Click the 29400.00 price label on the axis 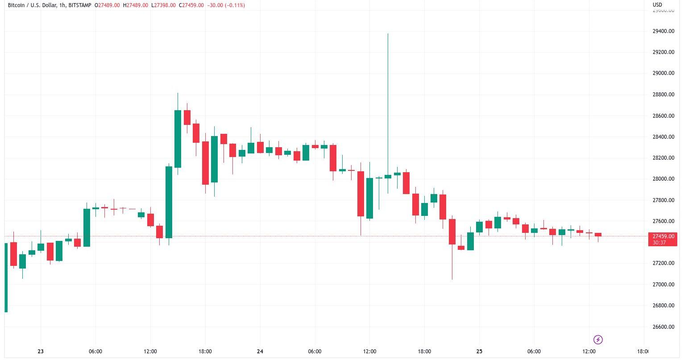[663, 31]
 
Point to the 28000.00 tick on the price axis [663, 179]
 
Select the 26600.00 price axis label [663, 327]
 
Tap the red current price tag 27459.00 [663, 236]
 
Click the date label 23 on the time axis [41, 352]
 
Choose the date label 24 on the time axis [260, 352]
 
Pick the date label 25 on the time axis [479, 352]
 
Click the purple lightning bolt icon [598, 340]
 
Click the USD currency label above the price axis [657, 5]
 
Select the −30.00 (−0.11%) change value [226, 5]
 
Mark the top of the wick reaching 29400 [388, 34]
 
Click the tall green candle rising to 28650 [178, 138]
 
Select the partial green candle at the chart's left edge [6, 277]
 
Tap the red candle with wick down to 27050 [452, 232]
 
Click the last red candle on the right [598, 235]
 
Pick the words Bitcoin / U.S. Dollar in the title [32, 5]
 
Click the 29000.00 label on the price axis [663, 73]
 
